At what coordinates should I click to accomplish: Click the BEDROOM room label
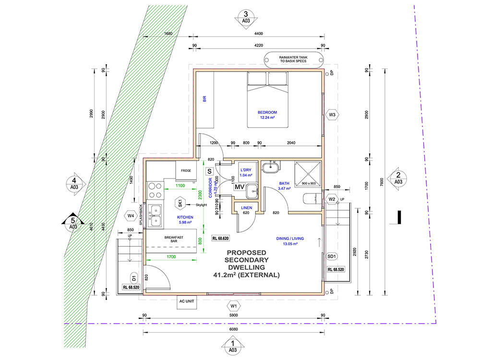click(x=268, y=112)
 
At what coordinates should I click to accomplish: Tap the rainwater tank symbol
click(x=294, y=59)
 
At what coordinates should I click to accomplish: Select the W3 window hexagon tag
click(x=332, y=115)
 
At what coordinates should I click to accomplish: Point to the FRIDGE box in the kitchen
click(x=186, y=171)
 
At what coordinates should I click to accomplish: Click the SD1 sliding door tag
click(x=332, y=257)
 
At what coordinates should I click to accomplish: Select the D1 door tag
click(x=134, y=277)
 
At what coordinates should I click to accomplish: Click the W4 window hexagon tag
click(x=131, y=216)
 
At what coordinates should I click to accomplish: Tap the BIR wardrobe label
click(x=204, y=99)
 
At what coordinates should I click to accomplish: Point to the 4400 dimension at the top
click(x=258, y=34)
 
